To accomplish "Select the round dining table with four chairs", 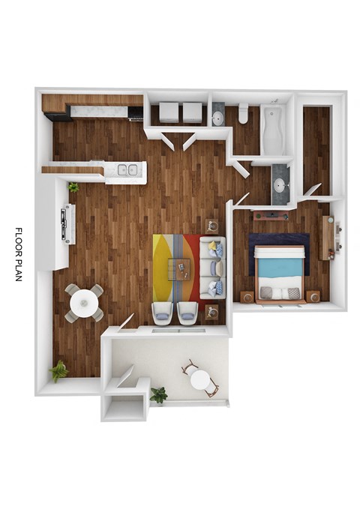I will pos(83,303).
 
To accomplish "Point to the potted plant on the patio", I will pos(158,394).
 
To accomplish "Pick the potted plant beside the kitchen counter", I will pos(73,187).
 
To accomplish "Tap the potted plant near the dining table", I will pos(58,370).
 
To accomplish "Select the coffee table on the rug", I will pos(179,268).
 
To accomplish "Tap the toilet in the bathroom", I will pos(243,114).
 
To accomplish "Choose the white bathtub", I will pos(271,127).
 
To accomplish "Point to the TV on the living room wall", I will pos(68,223).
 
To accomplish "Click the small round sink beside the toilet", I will pos(217,117).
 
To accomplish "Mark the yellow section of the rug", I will pos(162,267).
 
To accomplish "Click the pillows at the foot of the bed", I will pos(280,292).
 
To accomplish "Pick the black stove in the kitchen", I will pos(136,112).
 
